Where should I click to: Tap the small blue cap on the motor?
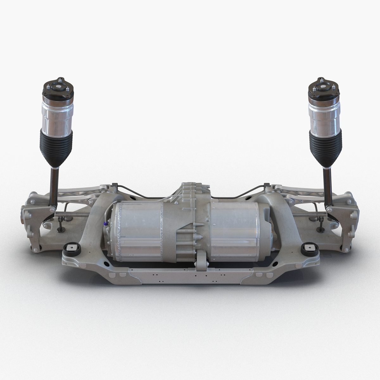[x=106, y=224]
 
